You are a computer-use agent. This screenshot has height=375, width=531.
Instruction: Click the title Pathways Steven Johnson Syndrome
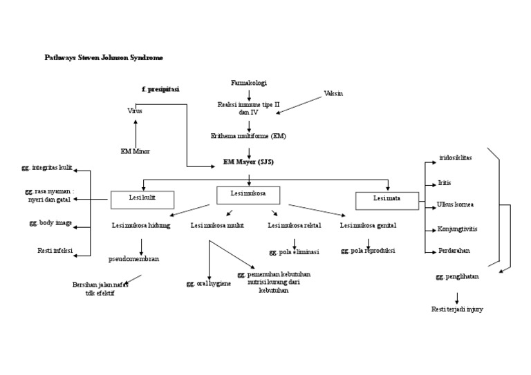(104, 58)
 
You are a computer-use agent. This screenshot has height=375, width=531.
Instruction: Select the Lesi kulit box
(142, 200)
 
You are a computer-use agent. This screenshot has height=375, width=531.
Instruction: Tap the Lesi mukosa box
(248, 195)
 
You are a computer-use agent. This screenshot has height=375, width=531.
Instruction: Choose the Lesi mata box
(387, 200)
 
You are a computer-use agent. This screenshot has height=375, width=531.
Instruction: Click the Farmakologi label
(248, 83)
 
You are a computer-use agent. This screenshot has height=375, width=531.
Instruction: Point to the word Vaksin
(333, 93)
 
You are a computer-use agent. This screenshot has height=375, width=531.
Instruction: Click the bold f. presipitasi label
(160, 89)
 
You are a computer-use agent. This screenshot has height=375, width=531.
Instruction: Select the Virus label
(135, 110)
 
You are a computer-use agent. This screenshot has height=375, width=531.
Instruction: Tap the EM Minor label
(135, 151)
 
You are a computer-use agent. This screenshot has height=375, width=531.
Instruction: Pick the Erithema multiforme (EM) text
(248, 136)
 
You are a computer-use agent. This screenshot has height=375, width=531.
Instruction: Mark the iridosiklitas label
(455, 157)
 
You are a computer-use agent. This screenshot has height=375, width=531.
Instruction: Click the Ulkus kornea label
(455, 204)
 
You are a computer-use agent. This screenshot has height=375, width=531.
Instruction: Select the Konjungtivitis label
(457, 229)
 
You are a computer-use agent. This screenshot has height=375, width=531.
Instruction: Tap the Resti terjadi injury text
(457, 309)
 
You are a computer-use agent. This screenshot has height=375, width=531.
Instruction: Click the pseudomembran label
(134, 259)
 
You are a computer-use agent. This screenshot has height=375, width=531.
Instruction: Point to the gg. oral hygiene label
(209, 283)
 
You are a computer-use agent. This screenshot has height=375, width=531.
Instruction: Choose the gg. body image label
(50, 223)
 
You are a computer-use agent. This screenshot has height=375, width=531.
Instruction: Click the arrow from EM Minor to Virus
(136, 131)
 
